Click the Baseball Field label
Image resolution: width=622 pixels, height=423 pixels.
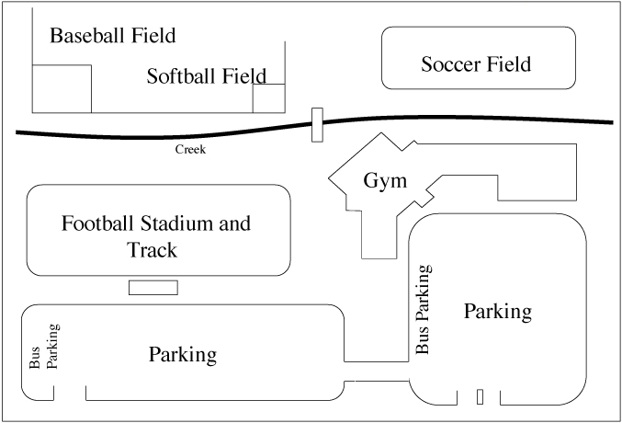tap(113, 35)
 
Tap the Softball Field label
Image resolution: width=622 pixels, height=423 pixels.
tap(207, 75)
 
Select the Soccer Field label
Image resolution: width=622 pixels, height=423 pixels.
tap(476, 64)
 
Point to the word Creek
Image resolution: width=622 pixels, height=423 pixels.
tap(190, 149)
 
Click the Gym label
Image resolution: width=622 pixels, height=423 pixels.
tap(385, 181)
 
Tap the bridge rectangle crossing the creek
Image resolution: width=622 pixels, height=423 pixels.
tap(317, 125)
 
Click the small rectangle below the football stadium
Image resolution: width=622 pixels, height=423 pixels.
tap(153, 288)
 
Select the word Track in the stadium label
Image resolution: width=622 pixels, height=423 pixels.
tap(152, 250)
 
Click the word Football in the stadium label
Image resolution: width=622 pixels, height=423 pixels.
tap(97, 223)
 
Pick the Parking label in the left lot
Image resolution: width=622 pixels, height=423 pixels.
tap(183, 355)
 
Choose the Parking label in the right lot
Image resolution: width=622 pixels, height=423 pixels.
tap(498, 312)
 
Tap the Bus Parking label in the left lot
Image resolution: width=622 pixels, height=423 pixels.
tap(43, 347)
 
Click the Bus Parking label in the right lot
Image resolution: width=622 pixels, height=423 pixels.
tap(423, 309)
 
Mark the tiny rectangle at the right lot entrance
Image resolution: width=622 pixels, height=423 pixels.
tap(480, 396)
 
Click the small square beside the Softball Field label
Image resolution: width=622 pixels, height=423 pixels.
tap(269, 98)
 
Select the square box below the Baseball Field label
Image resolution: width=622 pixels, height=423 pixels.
tap(62, 88)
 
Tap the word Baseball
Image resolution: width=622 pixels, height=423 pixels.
tap(87, 35)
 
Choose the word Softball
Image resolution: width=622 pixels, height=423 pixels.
tap(181, 75)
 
